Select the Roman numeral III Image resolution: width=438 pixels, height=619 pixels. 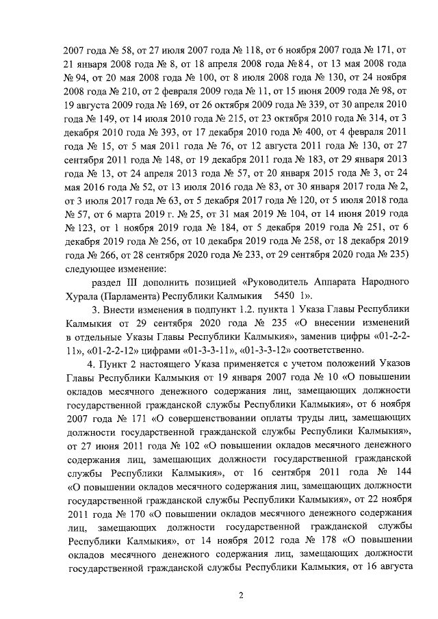(138, 281)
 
